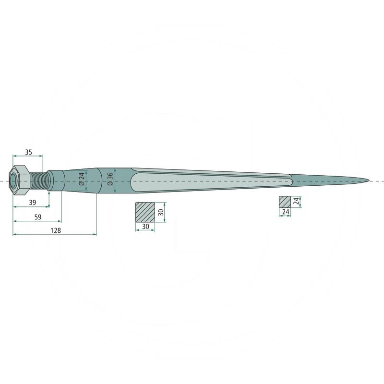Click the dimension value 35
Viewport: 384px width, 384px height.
[28, 152]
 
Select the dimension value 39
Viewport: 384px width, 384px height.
[32, 203]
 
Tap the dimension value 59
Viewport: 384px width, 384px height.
[38, 217]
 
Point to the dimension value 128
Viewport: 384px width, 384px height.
[56, 230]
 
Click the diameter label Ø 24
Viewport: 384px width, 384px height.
[82, 179]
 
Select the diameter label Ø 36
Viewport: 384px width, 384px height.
[110, 179]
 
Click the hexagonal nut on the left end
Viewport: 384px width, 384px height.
[19, 180]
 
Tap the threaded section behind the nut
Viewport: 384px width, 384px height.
[38, 181]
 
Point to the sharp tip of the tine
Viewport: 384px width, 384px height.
[369, 181]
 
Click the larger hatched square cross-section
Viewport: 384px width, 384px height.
[145, 212]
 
